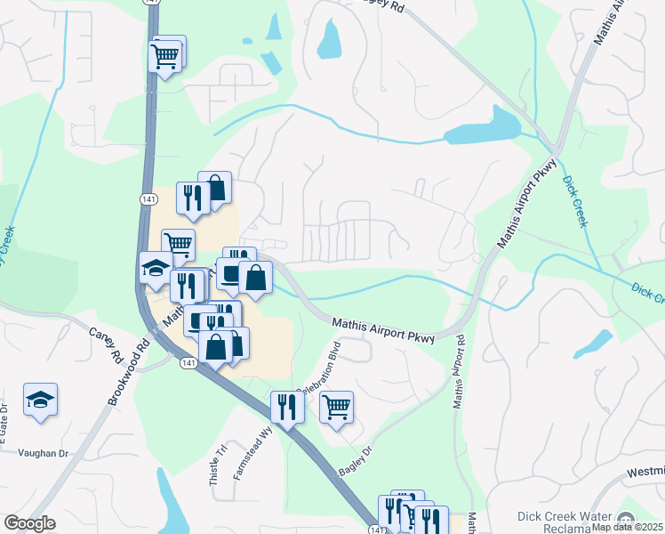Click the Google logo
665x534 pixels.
click(29, 523)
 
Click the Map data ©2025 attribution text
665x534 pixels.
click(628, 527)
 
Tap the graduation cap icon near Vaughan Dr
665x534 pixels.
click(41, 401)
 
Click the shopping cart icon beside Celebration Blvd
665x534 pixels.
click(336, 409)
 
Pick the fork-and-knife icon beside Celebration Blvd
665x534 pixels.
click(287, 407)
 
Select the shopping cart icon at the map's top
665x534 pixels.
click(165, 56)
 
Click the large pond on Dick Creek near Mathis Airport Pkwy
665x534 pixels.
click(485, 129)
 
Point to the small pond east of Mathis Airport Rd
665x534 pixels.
click(596, 344)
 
